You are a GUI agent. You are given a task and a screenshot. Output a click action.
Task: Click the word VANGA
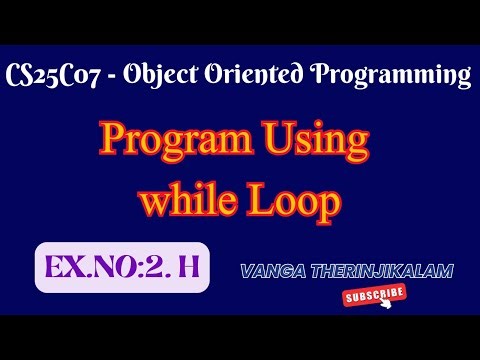270,270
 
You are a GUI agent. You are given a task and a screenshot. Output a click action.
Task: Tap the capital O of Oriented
214,74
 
